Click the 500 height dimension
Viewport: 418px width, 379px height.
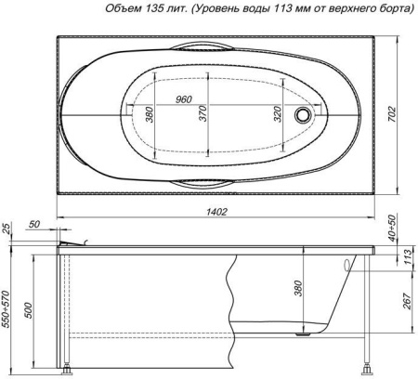pyautogui.click(x=29, y=308)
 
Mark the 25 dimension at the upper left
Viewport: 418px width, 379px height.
pyautogui.click(x=7, y=229)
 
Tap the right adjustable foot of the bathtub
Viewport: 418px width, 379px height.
pyautogui.click(x=370, y=369)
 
